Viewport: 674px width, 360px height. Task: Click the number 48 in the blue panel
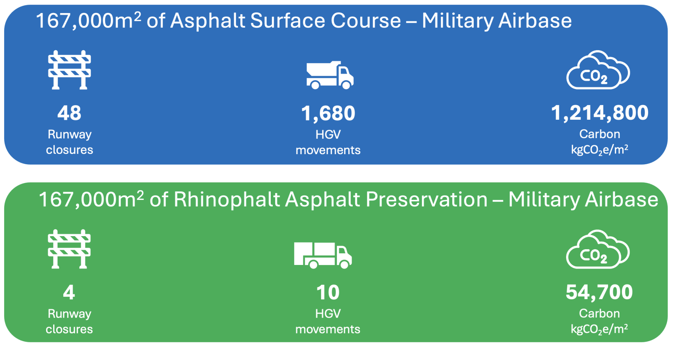click(x=69, y=113)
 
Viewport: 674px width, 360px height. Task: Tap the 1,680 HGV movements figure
click(x=328, y=113)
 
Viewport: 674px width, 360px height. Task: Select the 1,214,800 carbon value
click(x=599, y=113)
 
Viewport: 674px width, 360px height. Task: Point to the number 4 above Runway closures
click(x=69, y=292)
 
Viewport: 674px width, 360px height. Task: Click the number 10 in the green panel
click(x=328, y=292)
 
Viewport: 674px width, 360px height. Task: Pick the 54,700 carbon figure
click(x=599, y=292)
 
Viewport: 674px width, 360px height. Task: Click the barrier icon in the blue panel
click(x=70, y=70)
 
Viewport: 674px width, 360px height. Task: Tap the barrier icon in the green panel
click(x=69, y=249)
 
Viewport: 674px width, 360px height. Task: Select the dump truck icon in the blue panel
click(x=330, y=75)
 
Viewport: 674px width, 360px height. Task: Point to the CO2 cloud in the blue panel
click(x=598, y=70)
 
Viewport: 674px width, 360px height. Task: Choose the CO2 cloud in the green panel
click(x=598, y=249)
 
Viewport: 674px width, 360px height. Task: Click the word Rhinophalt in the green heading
click(x=227, y=199)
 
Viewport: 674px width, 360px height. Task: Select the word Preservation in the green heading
click(x=426, y=199)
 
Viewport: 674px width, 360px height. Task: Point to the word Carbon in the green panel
click(x=599, y=313)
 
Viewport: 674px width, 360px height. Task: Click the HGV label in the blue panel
click(x=328, y=134)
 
